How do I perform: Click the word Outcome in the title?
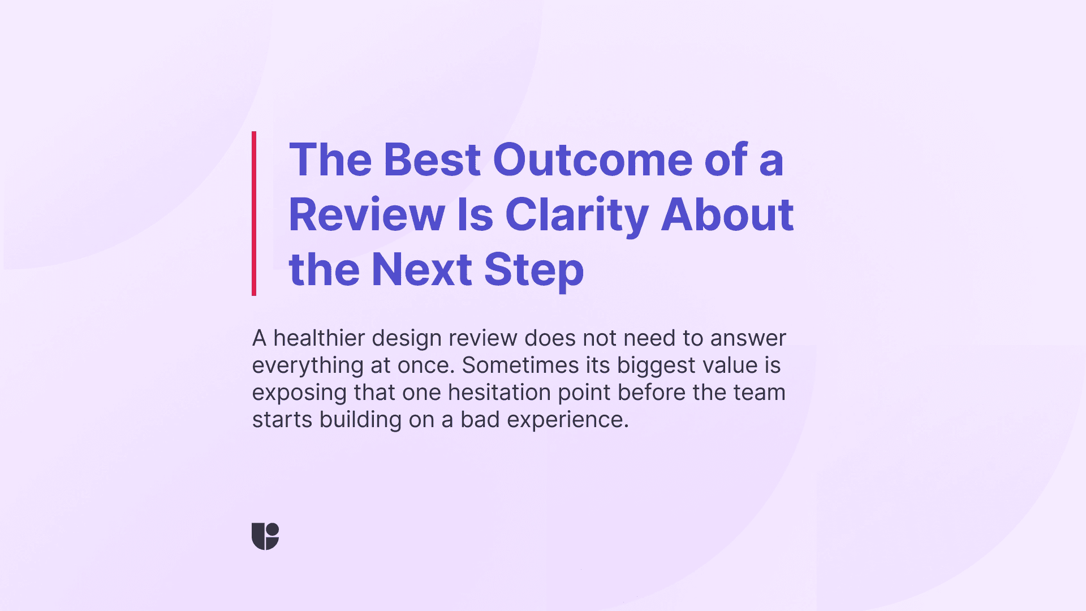(592, 160)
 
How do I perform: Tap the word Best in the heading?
(432, 160)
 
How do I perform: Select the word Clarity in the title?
(576, 215)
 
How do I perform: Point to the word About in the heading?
(727, 215)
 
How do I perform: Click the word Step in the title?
(533, 270)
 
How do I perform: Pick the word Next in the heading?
(421, 270)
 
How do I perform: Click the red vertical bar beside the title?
(254, 213)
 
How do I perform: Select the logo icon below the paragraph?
(265, 536)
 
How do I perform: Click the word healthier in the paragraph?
(319, 338)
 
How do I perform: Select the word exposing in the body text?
(299, 393)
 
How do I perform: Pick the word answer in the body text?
(748, 338)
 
